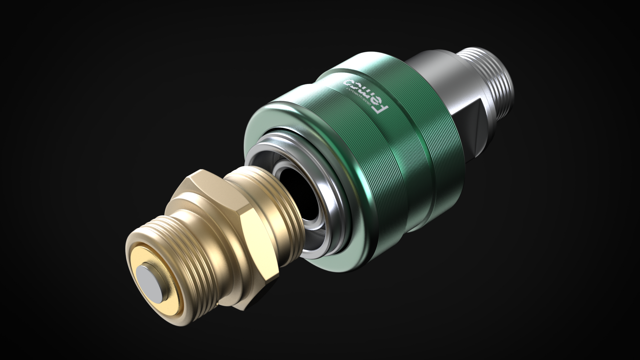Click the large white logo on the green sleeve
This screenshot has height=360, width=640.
365,97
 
